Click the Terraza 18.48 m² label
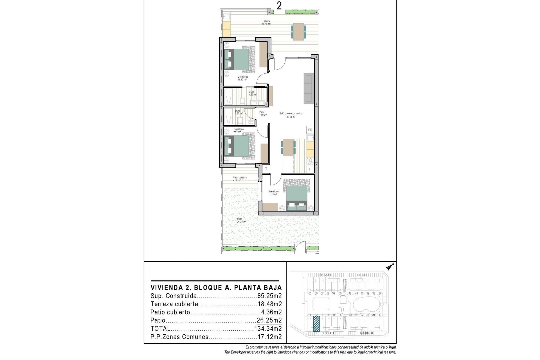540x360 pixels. pos(266,22)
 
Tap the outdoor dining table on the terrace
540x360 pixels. pos(298,31)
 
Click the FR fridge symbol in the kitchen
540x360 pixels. pos(310,130)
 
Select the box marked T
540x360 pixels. pos(266,169)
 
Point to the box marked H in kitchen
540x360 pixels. pos(310,169)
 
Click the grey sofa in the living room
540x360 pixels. pos(309,88)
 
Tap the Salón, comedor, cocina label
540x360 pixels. pos(291,115)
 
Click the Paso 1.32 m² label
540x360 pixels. pos(262,114)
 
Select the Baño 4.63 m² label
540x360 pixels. pos(252,93)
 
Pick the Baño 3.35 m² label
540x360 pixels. pos(238,112)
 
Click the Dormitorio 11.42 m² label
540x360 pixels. pos(243,78)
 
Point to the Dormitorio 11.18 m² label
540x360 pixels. pos(273,193)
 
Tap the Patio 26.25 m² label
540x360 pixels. pos(241,220)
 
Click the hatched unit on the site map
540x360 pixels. pos(316,324)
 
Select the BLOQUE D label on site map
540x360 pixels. pos(326,275)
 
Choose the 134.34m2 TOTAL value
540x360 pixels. pos(268,328)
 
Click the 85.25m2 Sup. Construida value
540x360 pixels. pos(269,296)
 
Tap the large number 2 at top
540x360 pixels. pos(279,6)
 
